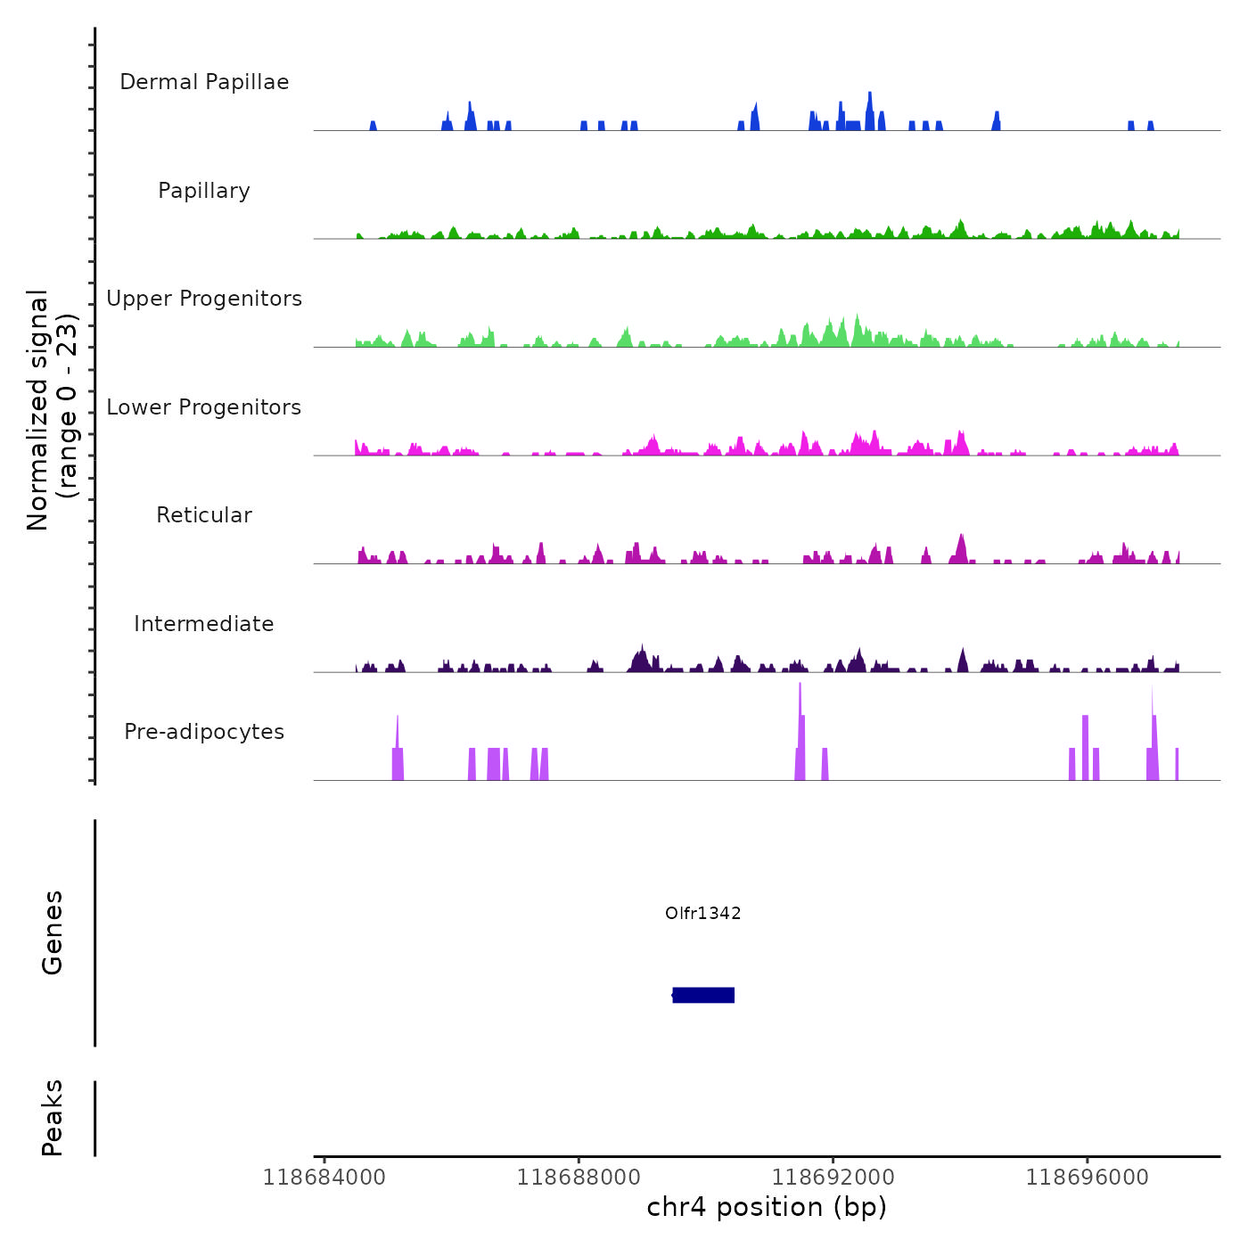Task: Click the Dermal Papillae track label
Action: [204, 82]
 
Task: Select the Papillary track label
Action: [204, 191]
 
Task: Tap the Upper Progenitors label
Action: [204, 299]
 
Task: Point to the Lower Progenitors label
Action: [204, 407]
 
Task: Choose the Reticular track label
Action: [204, 515]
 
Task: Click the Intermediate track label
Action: [204, 624]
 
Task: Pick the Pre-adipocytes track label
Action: [204, 732]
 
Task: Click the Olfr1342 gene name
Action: [703, 913]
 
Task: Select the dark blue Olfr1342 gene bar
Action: [703, 995]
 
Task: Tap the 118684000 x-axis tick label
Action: [324, 1178]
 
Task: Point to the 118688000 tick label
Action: [579, 1178]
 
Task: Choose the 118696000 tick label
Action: [1088, 1178]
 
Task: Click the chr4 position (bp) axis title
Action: [767, 1208]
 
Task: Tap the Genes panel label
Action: [53, 932]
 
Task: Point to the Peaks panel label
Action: [53, 1118]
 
